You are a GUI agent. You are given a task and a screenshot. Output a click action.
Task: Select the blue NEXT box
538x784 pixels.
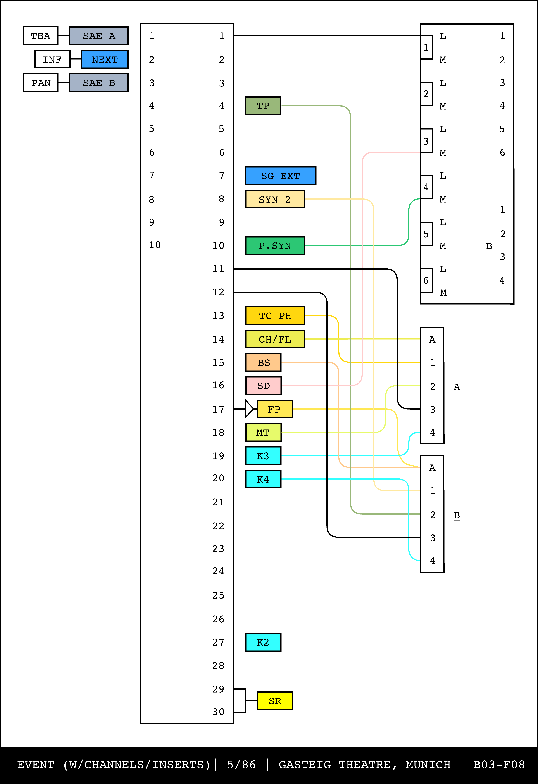tap(104, 59)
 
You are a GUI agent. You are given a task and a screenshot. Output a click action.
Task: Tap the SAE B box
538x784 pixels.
tap(99, 83)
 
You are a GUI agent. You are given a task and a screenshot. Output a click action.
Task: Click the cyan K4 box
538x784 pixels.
tap(263, 479)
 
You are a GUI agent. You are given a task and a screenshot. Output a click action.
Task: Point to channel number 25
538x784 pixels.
tap(218, 595)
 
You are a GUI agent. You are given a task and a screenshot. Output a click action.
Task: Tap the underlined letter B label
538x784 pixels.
tap(457, 515)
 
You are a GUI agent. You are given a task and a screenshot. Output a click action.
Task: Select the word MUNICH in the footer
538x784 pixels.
tap(428, 764)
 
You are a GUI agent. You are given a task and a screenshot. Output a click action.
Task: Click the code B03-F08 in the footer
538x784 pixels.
tap(499, 764)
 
